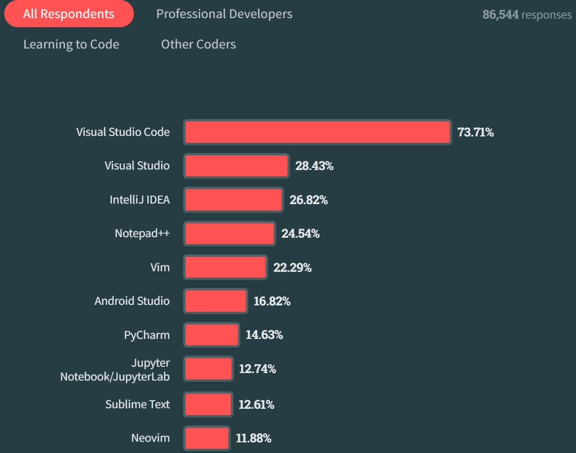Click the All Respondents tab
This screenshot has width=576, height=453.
point(69,14)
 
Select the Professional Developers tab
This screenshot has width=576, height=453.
point(224,14)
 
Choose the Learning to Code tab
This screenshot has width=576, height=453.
point(71,44)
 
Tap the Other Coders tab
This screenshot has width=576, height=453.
point(198,44)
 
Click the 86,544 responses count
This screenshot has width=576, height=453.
point(527,14)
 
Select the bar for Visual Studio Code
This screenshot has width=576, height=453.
point(317,132)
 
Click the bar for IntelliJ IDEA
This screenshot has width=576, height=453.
point(234,200)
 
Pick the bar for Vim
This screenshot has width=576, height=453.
point(226,268)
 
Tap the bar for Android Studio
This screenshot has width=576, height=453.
point(216,301)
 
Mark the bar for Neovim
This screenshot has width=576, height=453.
point(207,438)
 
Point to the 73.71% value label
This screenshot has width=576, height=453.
point(475,132)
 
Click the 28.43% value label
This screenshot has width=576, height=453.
point(314,166)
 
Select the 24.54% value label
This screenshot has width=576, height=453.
point(300,233)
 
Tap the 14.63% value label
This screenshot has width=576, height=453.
point(264,335)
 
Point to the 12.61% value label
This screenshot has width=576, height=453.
point(256,405)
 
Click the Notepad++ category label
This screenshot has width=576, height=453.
point(142,233)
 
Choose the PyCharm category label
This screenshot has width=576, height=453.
point(147,335)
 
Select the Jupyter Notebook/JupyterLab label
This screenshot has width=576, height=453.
point(115,369)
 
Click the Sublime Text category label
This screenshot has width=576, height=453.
point(138,405)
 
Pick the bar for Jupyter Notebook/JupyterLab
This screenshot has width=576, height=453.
point(209,369)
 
